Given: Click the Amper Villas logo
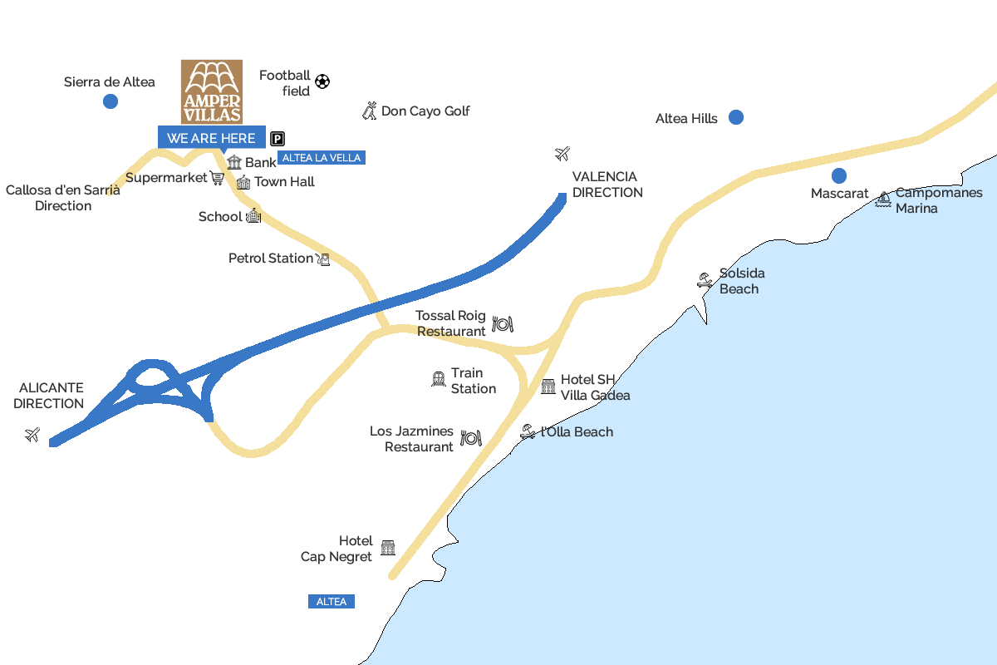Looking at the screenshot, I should point(212,91).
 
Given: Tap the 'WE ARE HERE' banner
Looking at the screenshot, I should point(211,138).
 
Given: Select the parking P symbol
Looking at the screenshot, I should point(277,140).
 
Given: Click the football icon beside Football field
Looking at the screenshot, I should point(322,81).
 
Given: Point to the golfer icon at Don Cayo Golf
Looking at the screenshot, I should point(370,111).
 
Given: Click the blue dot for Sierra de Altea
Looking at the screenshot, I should point(110,101).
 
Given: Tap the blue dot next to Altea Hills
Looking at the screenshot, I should point(735,117).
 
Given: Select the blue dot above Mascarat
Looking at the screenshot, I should point(839,175).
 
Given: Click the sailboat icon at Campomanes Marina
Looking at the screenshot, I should point(883,199).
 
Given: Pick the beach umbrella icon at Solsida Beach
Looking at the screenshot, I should point(705,280).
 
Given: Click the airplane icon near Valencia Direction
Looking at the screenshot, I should point(562,154).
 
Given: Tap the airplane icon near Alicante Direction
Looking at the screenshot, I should point(32,434).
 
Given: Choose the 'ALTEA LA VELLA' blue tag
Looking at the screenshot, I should point(322,157).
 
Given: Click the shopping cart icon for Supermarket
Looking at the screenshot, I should point(218,177).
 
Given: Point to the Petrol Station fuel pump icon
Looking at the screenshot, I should point(323,259).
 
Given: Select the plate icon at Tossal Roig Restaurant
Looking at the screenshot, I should point(502,323).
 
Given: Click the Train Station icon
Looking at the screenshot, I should point(439,379).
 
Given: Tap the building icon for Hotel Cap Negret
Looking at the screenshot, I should point(388,547).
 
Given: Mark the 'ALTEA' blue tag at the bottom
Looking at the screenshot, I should point(331,601).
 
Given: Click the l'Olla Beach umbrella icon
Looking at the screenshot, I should point(528,431).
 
